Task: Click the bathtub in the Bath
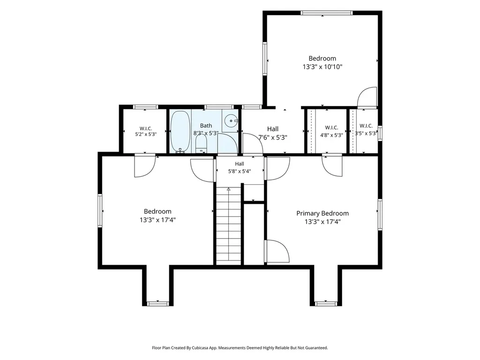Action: [x=180, y=131]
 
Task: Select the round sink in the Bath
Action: [x=231, y=120]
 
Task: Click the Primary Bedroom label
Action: [x=322, y=213]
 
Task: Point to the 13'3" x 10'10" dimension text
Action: [x=322, y=67]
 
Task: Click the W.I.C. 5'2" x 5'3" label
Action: [x=146, y=131]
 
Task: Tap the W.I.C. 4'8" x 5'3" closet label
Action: [x=331, y=131]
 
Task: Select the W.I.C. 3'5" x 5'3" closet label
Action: [x=366, y=130]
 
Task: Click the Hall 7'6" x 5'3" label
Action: [x=273, y=133]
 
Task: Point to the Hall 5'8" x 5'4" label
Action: [x=240, y=167]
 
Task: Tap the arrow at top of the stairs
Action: [x=228, y=189]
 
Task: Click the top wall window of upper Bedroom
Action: [x=326, y=13]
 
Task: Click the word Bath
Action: [x=206, y=126]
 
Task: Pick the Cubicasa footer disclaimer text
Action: [x=240, y=348]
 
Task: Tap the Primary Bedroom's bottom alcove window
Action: [x=326, y=304]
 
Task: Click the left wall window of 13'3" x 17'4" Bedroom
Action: [x=100, y=210]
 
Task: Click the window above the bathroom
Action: [x=218, y=107]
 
